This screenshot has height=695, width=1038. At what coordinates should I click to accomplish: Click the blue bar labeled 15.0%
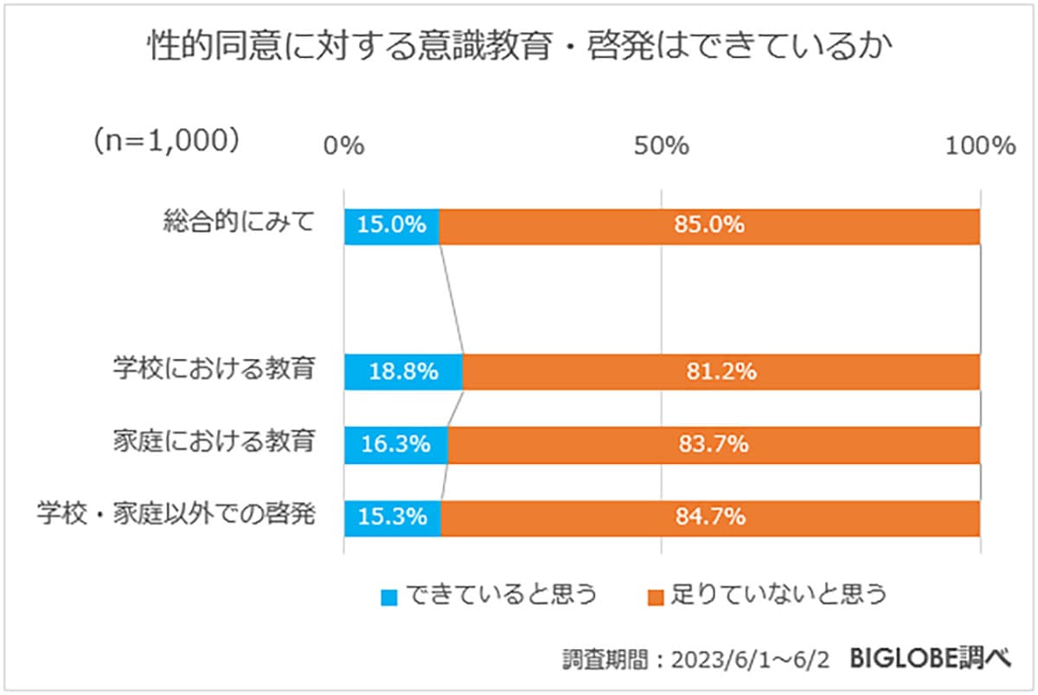point(392,226)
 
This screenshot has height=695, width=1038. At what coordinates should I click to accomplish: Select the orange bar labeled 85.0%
point(709,226)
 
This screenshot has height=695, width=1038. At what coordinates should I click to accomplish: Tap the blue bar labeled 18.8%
point(403,372)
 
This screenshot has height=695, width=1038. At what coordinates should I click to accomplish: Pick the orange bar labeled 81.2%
point(721,372)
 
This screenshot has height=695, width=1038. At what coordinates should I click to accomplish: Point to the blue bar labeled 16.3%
point(395,445)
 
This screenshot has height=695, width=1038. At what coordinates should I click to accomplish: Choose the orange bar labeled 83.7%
point(714,445)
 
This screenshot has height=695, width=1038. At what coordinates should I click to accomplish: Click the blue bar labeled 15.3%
point(393,518)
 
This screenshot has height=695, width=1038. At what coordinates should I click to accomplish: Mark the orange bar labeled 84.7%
point(710,518)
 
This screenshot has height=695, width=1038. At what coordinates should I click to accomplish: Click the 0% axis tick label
point(343,146)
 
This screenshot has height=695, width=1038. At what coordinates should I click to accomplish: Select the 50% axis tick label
point(661,146)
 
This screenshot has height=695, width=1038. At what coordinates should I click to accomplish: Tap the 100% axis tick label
point(979,146)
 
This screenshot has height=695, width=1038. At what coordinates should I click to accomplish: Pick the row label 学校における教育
point(214,370)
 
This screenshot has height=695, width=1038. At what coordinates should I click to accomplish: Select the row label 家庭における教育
point(214,442)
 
